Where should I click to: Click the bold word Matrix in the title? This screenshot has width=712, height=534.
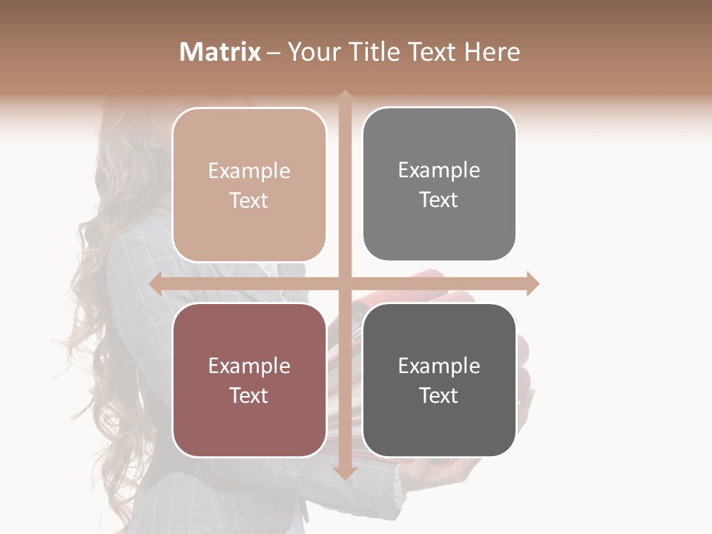[x=220, y=52]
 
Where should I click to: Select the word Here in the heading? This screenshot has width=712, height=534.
[x=492, y=52]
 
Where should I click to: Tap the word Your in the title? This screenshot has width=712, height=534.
[x=314, y=52]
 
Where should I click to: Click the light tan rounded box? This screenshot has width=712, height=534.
[x=249, y=185]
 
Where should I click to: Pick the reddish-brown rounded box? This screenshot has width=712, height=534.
[x=249, y=380]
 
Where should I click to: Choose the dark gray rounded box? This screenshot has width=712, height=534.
[x=439, y=380]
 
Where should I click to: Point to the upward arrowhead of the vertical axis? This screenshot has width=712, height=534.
[x=344, y=95]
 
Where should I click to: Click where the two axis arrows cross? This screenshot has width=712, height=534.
[x=344, y=283]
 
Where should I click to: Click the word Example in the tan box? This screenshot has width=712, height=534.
[x=249, y=171]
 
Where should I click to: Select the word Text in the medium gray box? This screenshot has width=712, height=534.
[x=439, y=200]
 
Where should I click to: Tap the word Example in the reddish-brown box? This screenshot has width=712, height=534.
[x=249, y=366]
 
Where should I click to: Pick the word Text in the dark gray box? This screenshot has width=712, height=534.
[x=439, y=396]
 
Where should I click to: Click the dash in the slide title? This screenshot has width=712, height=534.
[x=274, y=53]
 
